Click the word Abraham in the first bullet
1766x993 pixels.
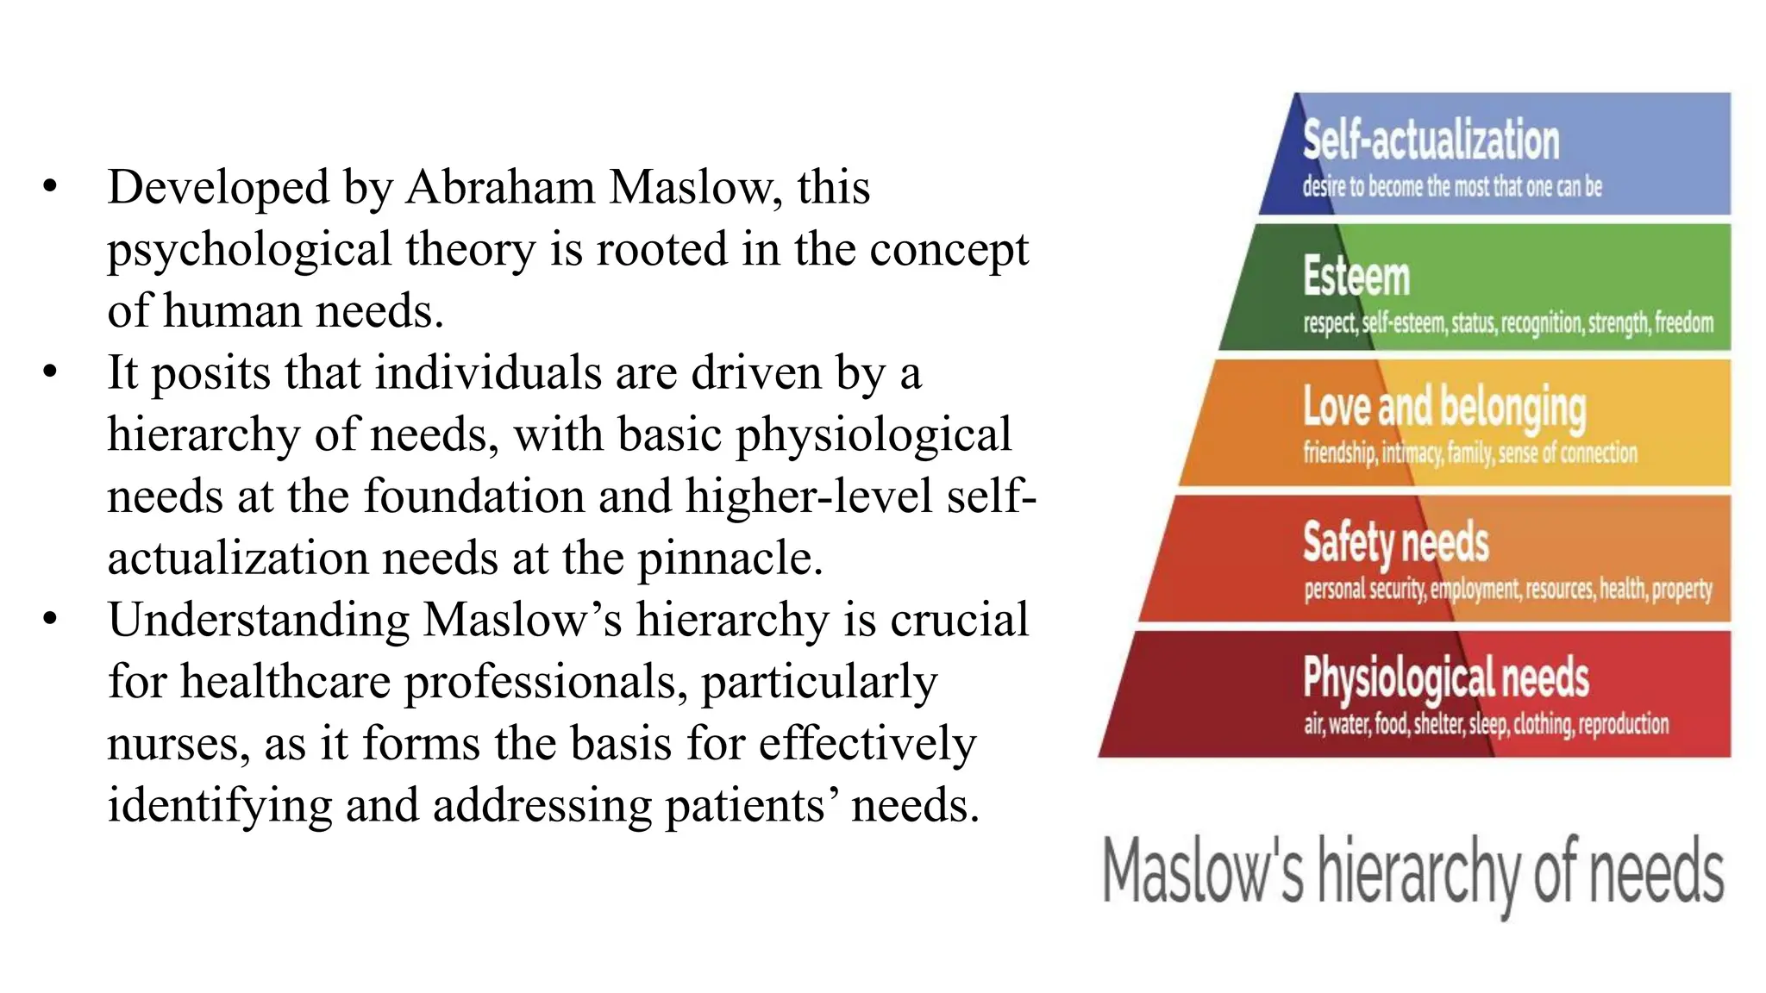500,187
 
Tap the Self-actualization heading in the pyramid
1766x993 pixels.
1431,140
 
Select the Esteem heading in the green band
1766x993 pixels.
1356,276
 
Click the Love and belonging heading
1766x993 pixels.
1443,407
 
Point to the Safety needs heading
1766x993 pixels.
1395,542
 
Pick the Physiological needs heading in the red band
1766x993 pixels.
1445,678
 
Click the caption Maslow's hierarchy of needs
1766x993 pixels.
1413,871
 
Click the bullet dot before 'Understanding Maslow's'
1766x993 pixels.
50,619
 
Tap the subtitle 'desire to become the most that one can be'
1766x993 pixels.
1452,186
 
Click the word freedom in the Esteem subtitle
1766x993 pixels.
1683,323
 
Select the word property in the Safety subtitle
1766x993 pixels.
1681,589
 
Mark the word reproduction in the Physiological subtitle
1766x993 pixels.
1624,724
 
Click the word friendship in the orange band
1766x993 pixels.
1339,453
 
